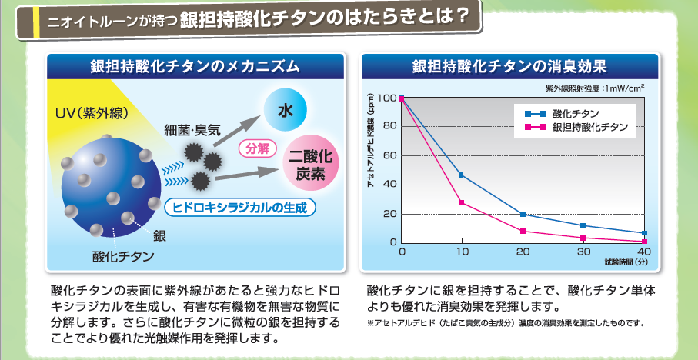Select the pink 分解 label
(258, 148)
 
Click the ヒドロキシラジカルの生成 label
(240, 207)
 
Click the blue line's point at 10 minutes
(461, 175)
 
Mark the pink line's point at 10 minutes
(461, 202)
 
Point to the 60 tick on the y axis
(388, 156)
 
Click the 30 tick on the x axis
(583, 252)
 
